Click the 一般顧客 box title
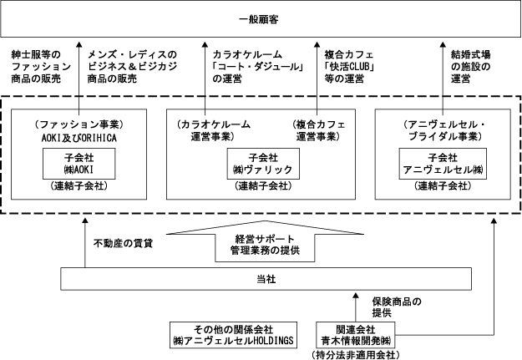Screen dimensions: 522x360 259,19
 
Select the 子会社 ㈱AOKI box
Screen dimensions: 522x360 79,164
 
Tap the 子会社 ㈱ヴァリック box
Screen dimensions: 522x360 263,164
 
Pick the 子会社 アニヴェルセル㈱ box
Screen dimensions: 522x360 443,164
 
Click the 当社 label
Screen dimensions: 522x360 266,279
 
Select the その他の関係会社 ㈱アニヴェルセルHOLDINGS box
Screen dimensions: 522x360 233,335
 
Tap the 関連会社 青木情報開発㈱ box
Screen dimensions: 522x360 356,335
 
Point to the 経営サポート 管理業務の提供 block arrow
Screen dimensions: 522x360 265,241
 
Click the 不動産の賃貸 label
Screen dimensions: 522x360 123,243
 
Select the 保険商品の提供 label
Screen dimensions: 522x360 397,307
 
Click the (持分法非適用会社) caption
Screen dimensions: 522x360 356,355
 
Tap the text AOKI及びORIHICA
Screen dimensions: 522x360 79,138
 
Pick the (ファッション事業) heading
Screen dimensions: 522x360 79,125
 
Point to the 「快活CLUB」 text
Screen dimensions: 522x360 350,67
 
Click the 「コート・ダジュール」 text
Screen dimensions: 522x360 259,67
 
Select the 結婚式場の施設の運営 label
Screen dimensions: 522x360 470,67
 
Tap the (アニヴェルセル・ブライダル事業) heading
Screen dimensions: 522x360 444,130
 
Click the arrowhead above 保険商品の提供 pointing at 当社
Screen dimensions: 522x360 356,296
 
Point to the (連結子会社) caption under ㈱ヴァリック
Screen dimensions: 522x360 263,185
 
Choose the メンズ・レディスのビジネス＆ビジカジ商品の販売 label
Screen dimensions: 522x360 132,67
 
